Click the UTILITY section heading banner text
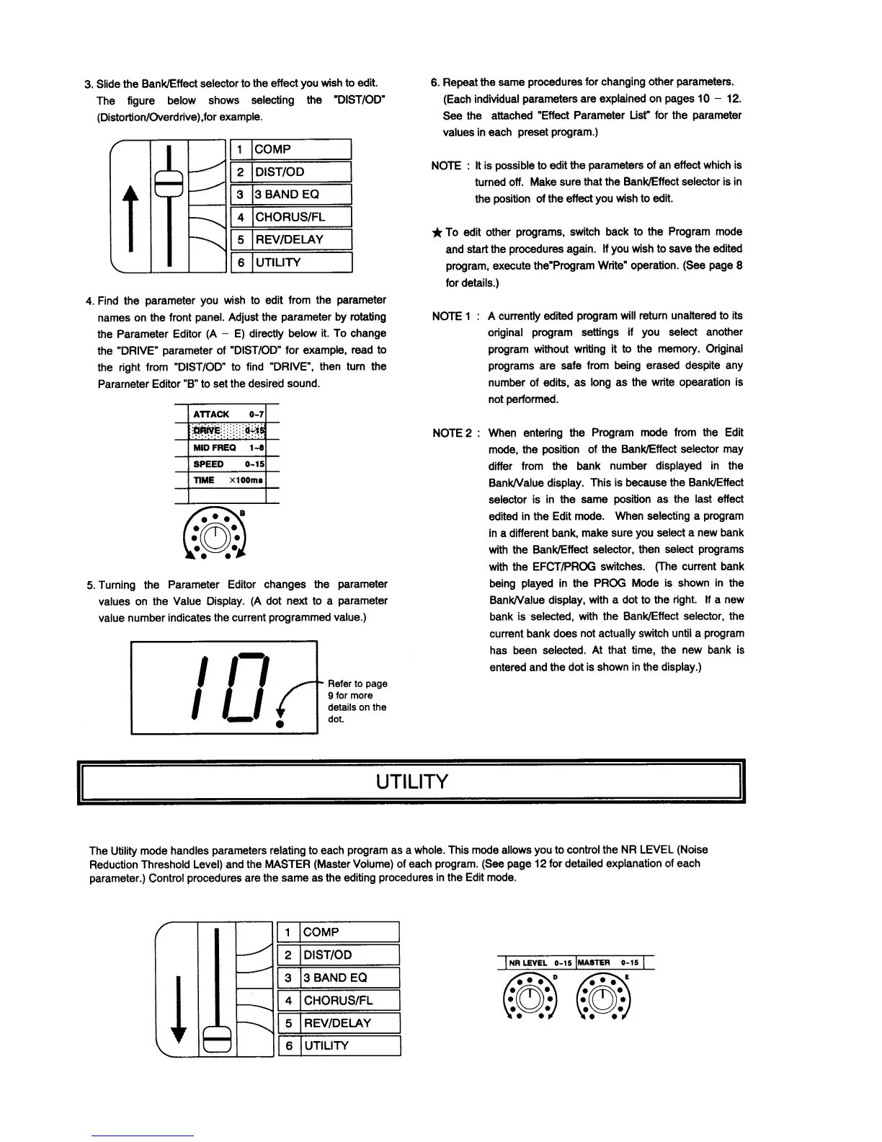point(412,782)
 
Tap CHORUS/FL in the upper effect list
point(290,217)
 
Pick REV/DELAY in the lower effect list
point(337,1023)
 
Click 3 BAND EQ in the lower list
point(335,978)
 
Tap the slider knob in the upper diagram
point(170,184)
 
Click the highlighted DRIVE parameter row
point(227,431)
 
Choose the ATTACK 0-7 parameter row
point(227,414)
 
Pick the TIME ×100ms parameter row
point(227,480)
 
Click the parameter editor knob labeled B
point(215,535)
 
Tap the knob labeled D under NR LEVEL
point(530,998)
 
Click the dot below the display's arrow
point(279,724)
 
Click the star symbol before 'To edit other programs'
point(437,233)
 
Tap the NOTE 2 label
point(452,433)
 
